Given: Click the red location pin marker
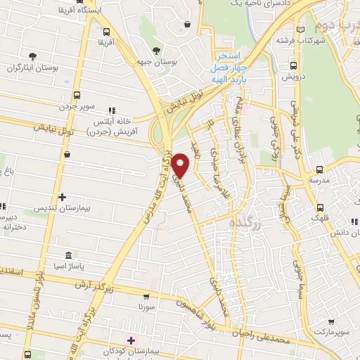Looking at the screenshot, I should pos(181,165).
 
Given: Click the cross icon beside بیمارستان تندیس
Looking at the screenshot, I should pos(63,197).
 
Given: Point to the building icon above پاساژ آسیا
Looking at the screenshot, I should pos(67,255).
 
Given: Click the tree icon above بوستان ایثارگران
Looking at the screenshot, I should pos(32,56).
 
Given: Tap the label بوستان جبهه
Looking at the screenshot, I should pos(155,63).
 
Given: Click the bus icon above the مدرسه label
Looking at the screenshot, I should pos(320,169).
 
